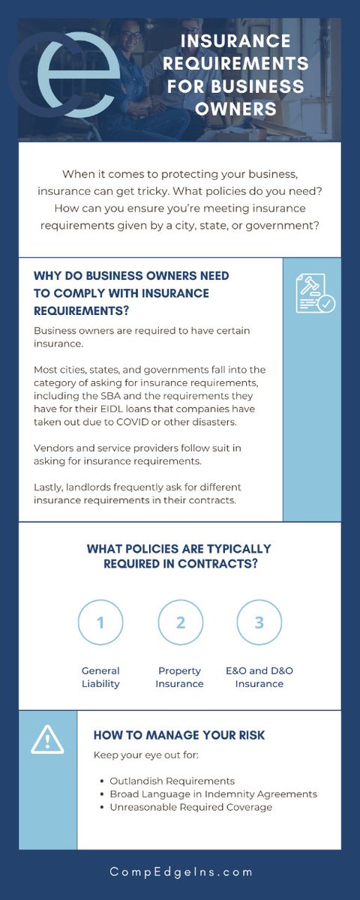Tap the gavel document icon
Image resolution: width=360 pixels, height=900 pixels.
pyautogui.click(x=314, y=293)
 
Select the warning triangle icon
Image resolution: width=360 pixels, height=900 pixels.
pyautogui.click(x=47, y=740)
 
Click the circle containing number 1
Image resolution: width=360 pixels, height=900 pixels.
pyautogui.click(x=100, y=622)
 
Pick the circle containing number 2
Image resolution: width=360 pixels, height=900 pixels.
pyautogui.click(x=180, y=622)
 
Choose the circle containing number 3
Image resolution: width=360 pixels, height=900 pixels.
pyautogui.click(x=259, y=622)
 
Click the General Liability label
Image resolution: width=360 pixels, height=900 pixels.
pyautogui.click(x=100, y=677)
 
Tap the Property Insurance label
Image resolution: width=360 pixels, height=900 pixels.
pyautogui.click(x=180, y=677)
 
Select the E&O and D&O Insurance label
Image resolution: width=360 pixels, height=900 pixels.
pyautogui.click(x=259, y=677)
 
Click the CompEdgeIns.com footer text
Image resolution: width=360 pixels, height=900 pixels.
pyautogui.click(x=180, y=872)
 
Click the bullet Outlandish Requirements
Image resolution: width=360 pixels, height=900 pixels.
pyautogui.click(x=172, y=781)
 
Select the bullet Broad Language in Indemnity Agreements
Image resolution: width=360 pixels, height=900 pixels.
pyautogui.click(x=213, y=793)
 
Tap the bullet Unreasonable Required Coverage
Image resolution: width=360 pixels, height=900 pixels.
pyautogui.click(x=190, y=807)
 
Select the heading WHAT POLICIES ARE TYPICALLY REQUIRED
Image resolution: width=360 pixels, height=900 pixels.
pyautogui.click(x=179, y=556)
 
